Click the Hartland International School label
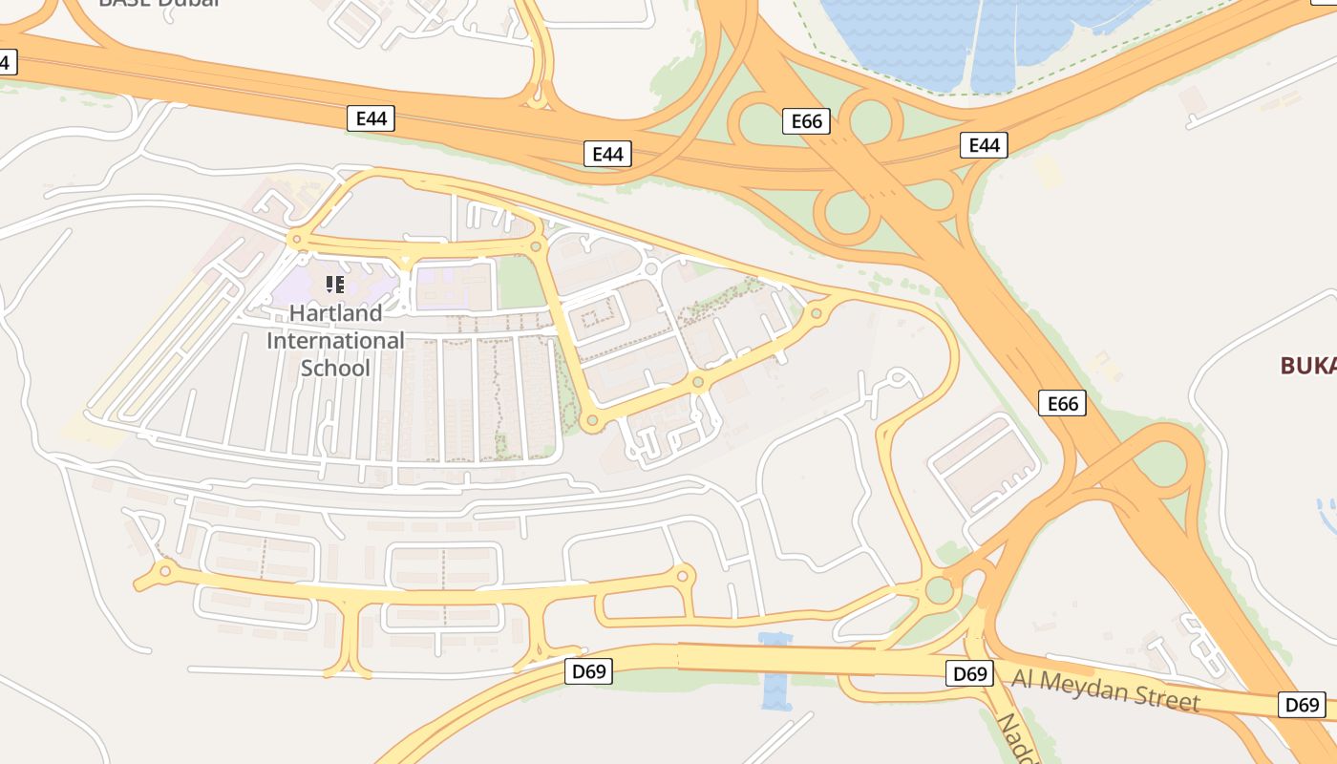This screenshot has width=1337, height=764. pos(335,340)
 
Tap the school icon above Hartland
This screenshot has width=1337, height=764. pos(334,284)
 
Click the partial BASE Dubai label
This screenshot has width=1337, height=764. pos(159,3)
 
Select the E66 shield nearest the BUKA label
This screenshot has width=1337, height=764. pos(1062,403)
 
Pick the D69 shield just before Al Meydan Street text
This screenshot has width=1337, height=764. pos(970,673)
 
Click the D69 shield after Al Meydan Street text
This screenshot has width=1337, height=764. pos(1302,705)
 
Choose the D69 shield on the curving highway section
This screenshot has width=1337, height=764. pos(588,671)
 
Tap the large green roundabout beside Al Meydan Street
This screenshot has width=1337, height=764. pos(940,589)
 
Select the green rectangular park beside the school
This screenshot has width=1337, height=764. pos(520,282)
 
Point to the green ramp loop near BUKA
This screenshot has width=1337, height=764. pos(1161,464)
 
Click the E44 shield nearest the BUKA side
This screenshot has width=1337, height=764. pos(984,145)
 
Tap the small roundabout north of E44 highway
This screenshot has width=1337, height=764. pos(538,96)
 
